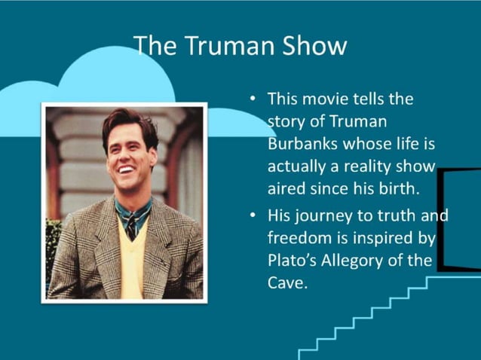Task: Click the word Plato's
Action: (293, 261)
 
